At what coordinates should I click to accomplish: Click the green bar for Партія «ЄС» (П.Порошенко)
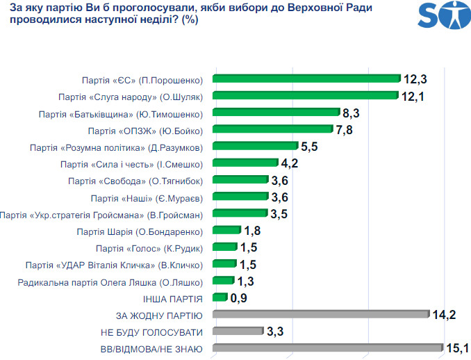point(306,79)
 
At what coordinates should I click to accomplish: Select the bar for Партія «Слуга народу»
point(305,96)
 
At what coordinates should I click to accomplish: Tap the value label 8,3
point(351,113)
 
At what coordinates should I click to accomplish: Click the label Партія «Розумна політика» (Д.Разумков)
point(117,147)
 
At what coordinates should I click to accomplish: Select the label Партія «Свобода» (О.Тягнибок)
point(135,181)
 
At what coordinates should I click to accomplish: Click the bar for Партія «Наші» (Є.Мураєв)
point(240,197)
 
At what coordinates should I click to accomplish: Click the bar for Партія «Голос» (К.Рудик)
point(224,247)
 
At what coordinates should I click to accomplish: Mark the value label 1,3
point(246,281)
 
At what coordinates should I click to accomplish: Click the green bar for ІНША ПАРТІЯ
point(220,297)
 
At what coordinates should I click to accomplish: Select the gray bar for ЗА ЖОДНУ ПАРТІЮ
point(320,315)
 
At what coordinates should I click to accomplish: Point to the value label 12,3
point(415,79)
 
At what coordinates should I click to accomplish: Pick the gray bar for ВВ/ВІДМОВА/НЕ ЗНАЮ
point(327,348)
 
